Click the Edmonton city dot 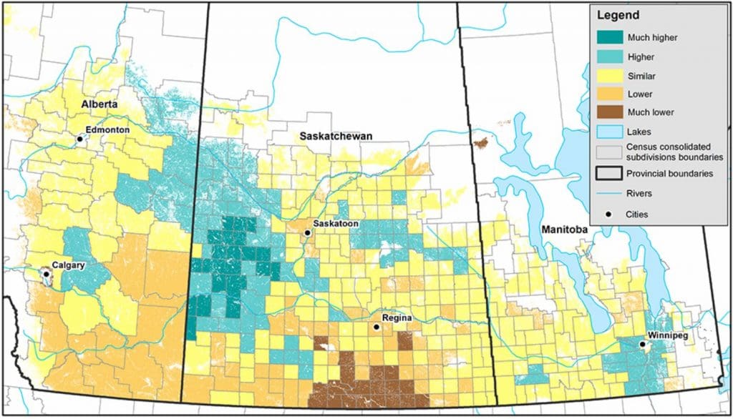80,139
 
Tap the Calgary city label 69,265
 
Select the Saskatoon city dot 307,233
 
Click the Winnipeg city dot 643,345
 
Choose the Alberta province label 99,104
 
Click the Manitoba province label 560,230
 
